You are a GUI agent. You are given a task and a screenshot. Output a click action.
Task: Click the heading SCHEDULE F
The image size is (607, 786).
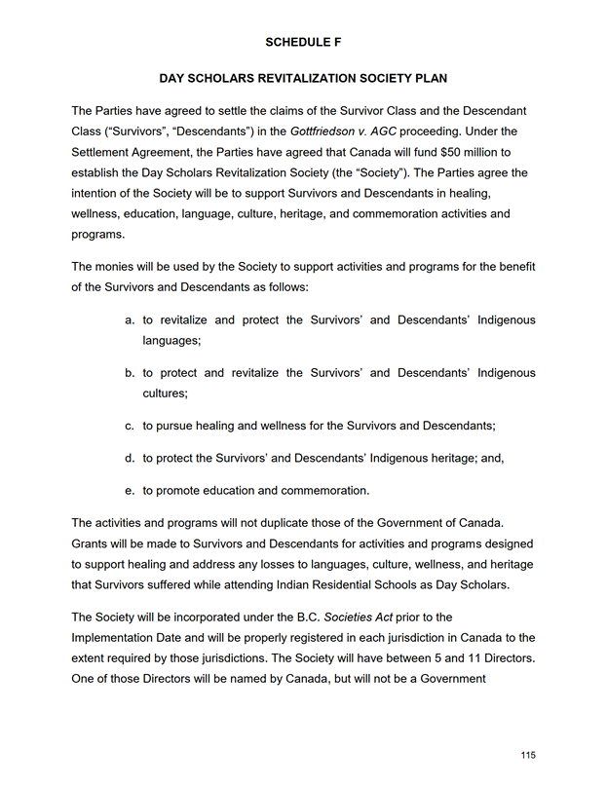click(x=302, y=42)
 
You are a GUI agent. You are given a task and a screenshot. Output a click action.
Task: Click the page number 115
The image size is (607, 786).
click(x=528, y=755)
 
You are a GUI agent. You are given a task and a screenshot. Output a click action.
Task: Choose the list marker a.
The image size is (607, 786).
click(x=131, y=319)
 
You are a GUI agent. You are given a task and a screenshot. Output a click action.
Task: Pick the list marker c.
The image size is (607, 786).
click(x=131, y=426)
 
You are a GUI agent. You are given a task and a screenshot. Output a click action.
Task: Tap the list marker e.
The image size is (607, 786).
click(x=131, y=490)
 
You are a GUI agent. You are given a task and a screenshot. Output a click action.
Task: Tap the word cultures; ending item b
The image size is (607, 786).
click(x=165, y=393)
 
